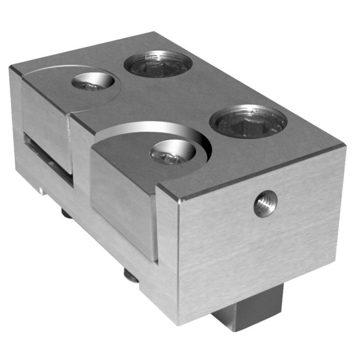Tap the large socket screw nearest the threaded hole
(248, 121)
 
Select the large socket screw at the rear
(158, 64)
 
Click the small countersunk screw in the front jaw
(172, 152)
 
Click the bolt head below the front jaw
(131, 277)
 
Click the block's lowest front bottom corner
(177, 324)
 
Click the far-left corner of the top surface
(11, 67)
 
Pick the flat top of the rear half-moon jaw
(57, 87)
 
